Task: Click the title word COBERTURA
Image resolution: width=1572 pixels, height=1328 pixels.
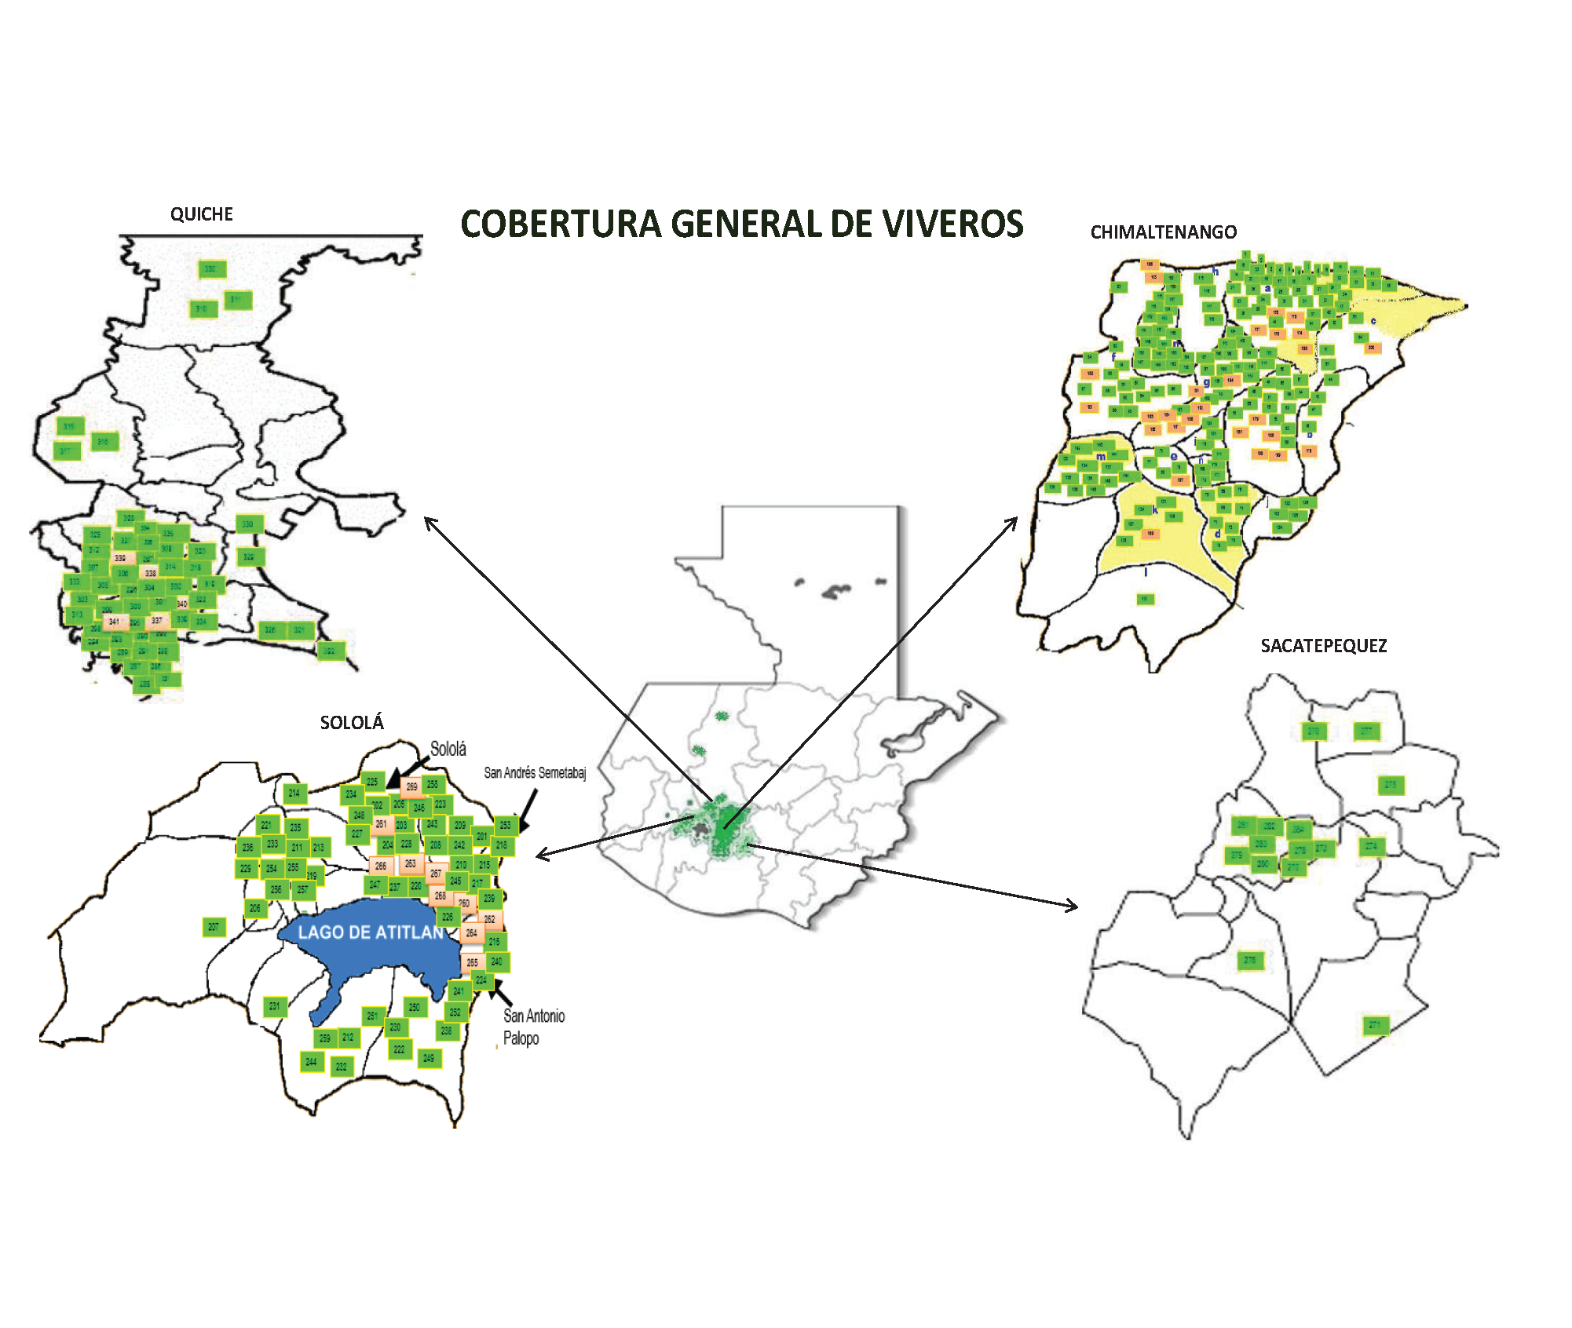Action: (561, 224)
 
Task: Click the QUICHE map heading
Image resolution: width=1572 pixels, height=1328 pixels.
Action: (202, 214)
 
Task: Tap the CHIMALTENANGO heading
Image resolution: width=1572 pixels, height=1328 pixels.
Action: (1164, 232)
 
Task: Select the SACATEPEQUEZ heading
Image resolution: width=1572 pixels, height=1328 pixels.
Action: (1324, 646)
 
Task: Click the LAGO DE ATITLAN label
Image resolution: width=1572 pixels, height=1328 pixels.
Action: (371, 932)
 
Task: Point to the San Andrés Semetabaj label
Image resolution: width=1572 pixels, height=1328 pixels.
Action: (535, 773)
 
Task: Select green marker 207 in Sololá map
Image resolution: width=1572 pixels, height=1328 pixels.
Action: (214, 927)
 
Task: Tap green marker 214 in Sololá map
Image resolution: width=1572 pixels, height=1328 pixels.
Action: (294, 794)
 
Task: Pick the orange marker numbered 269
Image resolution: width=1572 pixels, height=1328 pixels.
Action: (411, 786)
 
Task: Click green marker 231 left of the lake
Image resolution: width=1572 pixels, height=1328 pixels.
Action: (274, 1006)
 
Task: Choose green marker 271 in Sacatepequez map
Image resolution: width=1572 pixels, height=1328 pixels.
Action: (1375, 1025)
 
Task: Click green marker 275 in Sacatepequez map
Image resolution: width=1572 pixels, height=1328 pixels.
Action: (1391, 785)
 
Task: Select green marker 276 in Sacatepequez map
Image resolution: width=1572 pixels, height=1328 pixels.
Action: (1250, 960)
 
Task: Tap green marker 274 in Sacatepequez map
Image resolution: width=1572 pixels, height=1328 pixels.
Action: (1371, 846)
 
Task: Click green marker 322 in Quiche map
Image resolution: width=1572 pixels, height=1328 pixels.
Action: (331, 651)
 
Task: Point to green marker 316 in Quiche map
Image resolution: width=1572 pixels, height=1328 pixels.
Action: (104, 443)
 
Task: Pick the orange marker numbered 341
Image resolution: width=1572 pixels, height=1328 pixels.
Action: (115, 622)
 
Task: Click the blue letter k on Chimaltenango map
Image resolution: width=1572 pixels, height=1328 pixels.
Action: (1155, 510)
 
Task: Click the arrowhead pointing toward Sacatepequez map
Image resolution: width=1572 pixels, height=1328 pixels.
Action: (1073, 907)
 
